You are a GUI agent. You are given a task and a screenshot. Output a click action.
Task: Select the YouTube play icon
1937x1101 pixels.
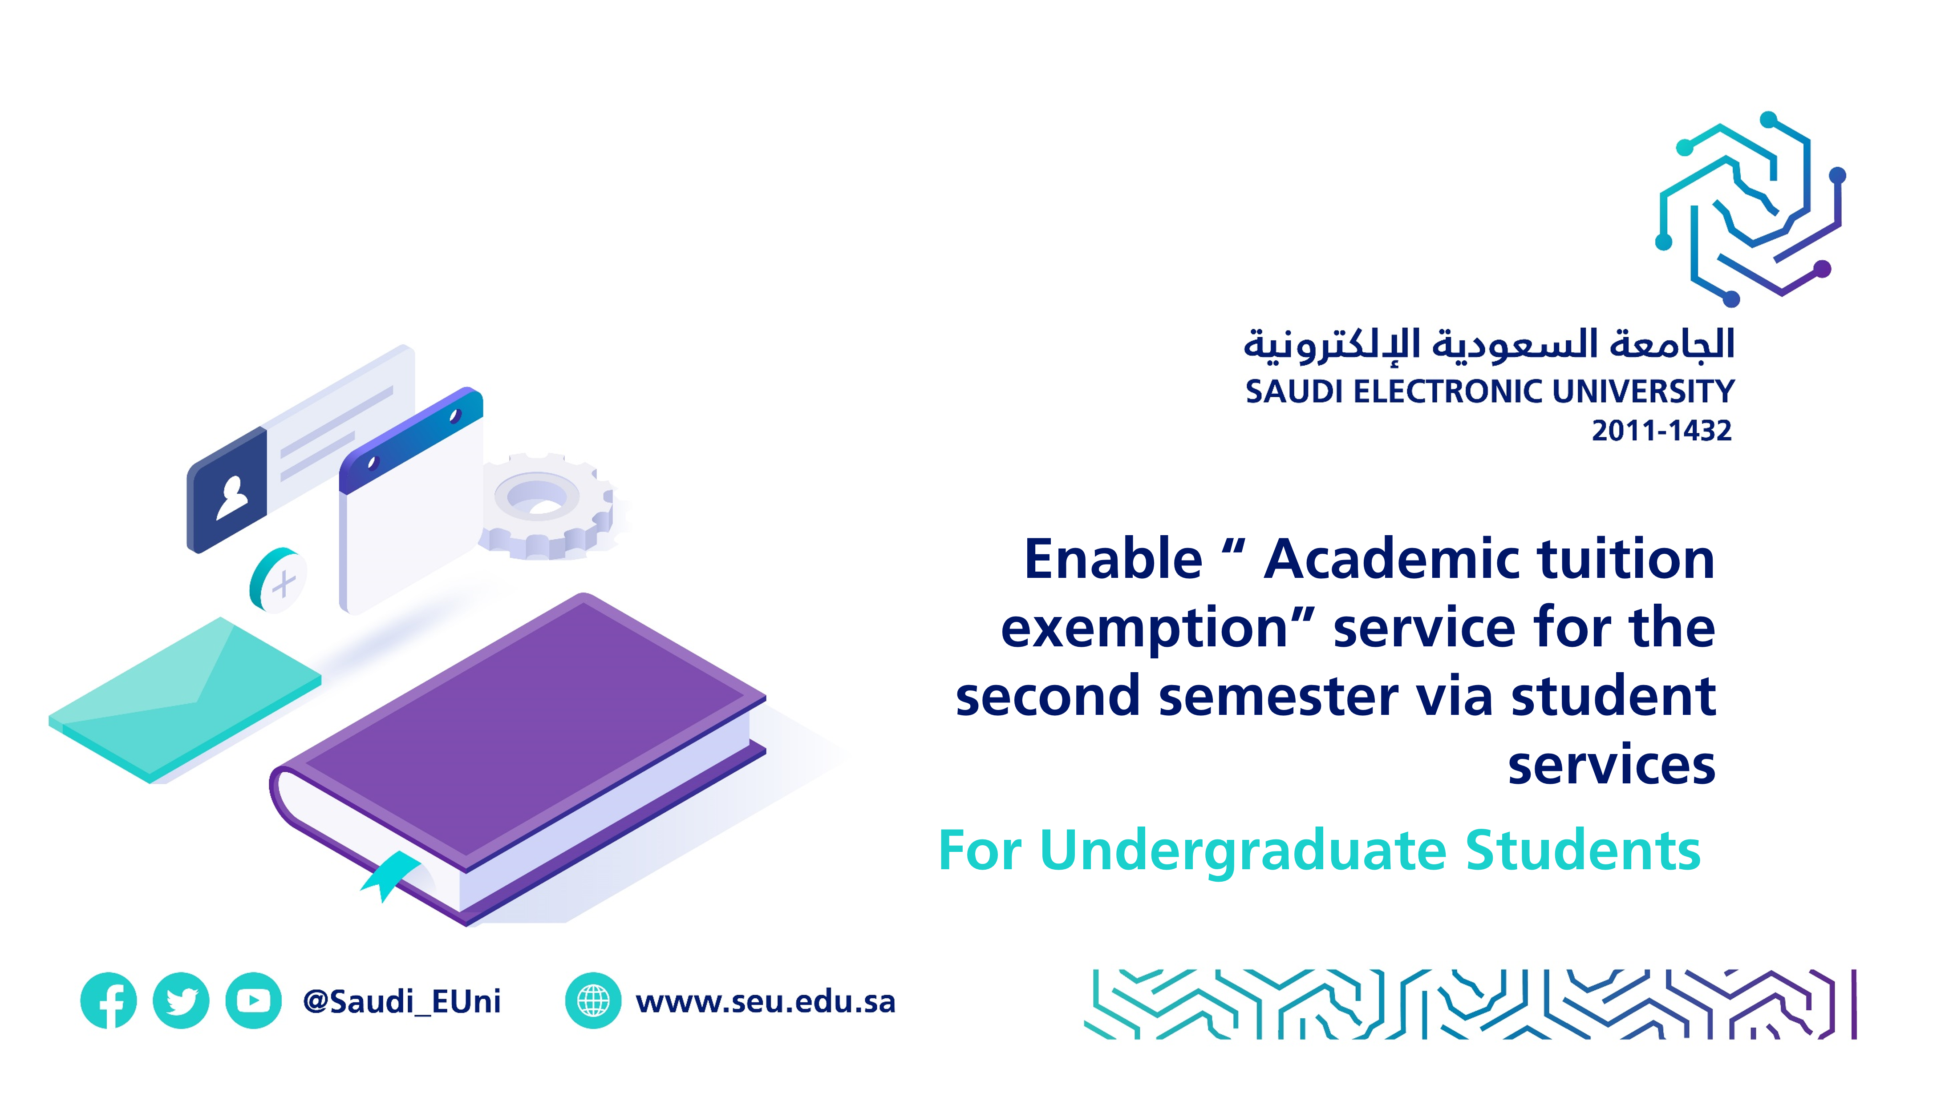[x=253, y=1000]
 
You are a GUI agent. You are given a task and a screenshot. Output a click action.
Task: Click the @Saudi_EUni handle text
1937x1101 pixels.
[x=401, y=1001]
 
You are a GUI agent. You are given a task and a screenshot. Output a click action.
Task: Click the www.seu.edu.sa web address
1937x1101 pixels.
[x=766, y=1001]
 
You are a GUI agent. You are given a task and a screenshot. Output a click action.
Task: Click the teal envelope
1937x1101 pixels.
[x=185, y=699]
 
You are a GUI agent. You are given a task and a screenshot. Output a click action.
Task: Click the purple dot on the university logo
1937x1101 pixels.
[x=1823, y=268]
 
